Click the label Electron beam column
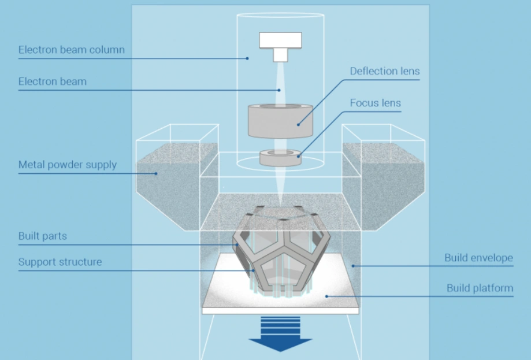coord(71,50)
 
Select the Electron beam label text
coord(53,81)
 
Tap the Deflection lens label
coord(384,72)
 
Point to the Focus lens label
coord(375,103)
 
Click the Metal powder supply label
coord(68,165)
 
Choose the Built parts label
coord(43,236)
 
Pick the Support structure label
coord(60,262)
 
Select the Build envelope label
coord(478,258)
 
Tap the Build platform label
coord(480,288)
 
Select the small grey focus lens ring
coord(280,157)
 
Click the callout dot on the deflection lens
coord(298,123)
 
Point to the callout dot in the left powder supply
coord(155,173)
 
